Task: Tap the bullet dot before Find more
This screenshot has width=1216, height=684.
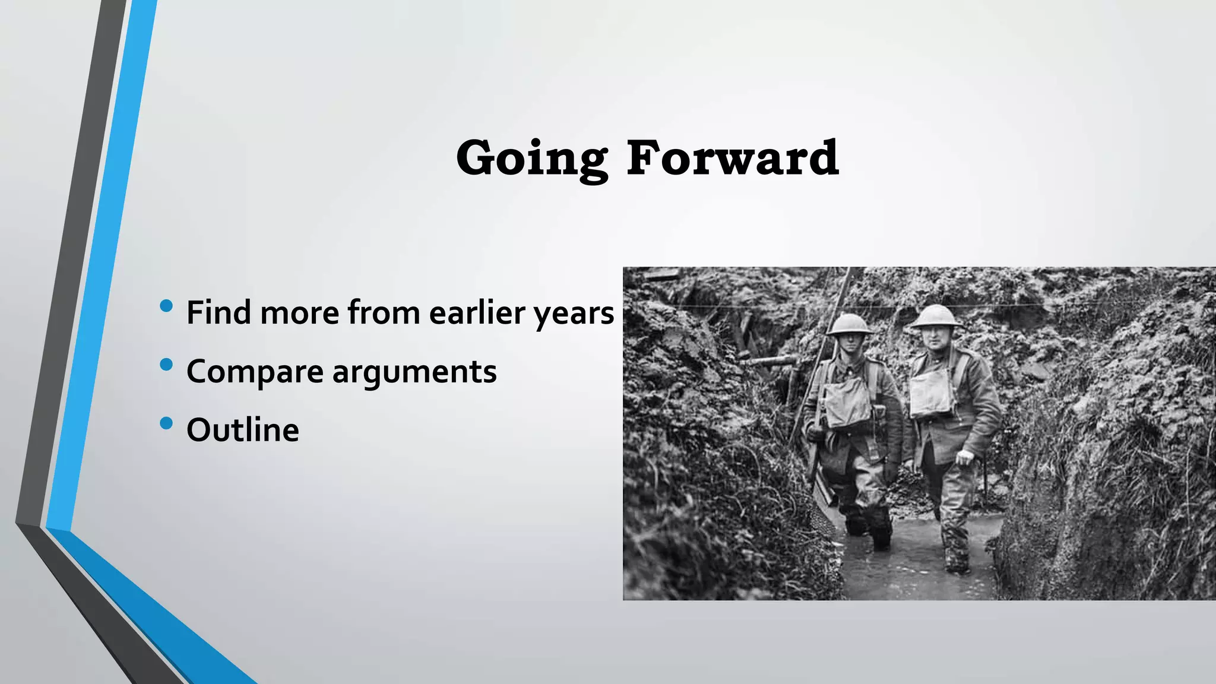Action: point(166,306)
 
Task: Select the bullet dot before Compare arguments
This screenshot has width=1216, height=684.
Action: point(166,365)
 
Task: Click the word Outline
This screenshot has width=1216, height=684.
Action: point(242,430)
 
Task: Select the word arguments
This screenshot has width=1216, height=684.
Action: point(414,372)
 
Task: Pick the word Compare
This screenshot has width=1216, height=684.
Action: point(255,372)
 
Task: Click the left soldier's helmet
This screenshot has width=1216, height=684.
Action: point(849,324)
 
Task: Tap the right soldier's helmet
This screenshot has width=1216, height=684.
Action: point(936,316)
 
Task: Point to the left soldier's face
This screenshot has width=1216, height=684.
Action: point(850,343)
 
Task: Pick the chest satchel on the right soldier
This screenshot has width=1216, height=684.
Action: point(931,391)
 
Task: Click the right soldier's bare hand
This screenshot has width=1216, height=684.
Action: point(965,457)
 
